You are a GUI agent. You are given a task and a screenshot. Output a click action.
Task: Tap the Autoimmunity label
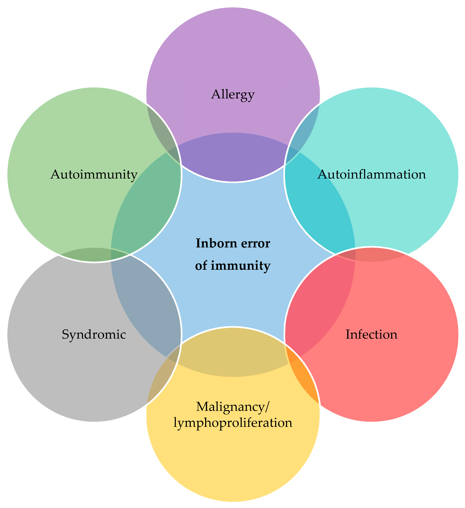point(94,174)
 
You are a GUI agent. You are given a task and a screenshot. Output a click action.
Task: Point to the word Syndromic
point(94,335)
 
